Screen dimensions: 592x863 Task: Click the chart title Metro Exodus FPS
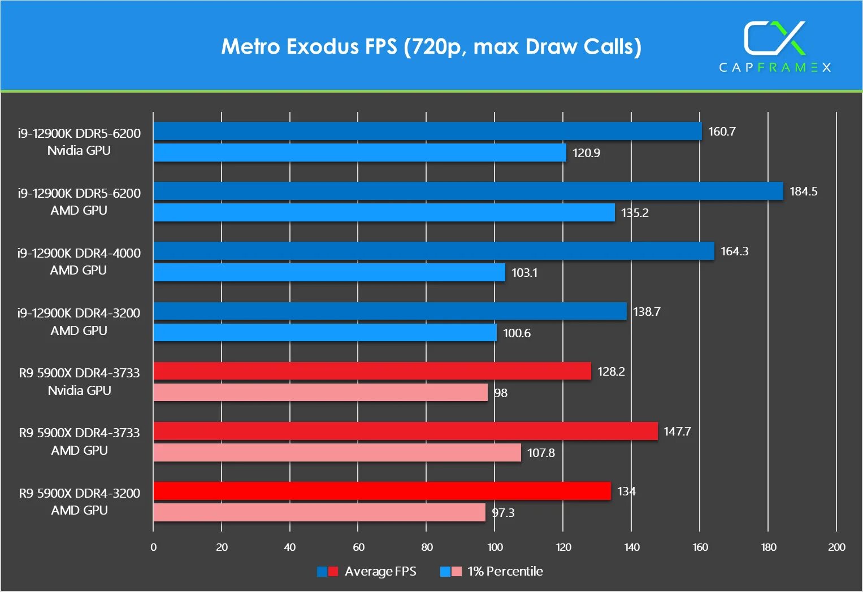click(431, 47)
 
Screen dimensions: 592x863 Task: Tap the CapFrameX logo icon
click(774, 38)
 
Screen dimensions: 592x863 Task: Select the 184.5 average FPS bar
click(468, 191)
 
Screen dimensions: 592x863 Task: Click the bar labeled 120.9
click(359, 153)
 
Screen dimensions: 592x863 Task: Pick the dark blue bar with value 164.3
click(433, 251)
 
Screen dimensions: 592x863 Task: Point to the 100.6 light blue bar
click(325, 333)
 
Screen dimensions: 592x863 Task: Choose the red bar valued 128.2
click(372, 371)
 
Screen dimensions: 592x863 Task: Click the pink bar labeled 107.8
click(337, 452)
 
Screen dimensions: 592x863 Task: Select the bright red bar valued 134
click(382, 491)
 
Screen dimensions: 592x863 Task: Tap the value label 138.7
click(647, 312)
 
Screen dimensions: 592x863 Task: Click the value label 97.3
click(503, 513)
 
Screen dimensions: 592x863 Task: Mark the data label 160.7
click(722, 132)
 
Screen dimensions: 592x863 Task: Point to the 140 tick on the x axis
click(631, 547)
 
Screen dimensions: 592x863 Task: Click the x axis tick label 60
click(358, 547)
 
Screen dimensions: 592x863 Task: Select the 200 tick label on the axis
click(836, 547)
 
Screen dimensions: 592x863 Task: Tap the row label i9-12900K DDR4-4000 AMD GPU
click(79, 262)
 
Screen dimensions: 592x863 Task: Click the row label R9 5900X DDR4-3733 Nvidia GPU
click(79, 381)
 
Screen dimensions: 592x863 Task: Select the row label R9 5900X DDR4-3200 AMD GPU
click(79, 502)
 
